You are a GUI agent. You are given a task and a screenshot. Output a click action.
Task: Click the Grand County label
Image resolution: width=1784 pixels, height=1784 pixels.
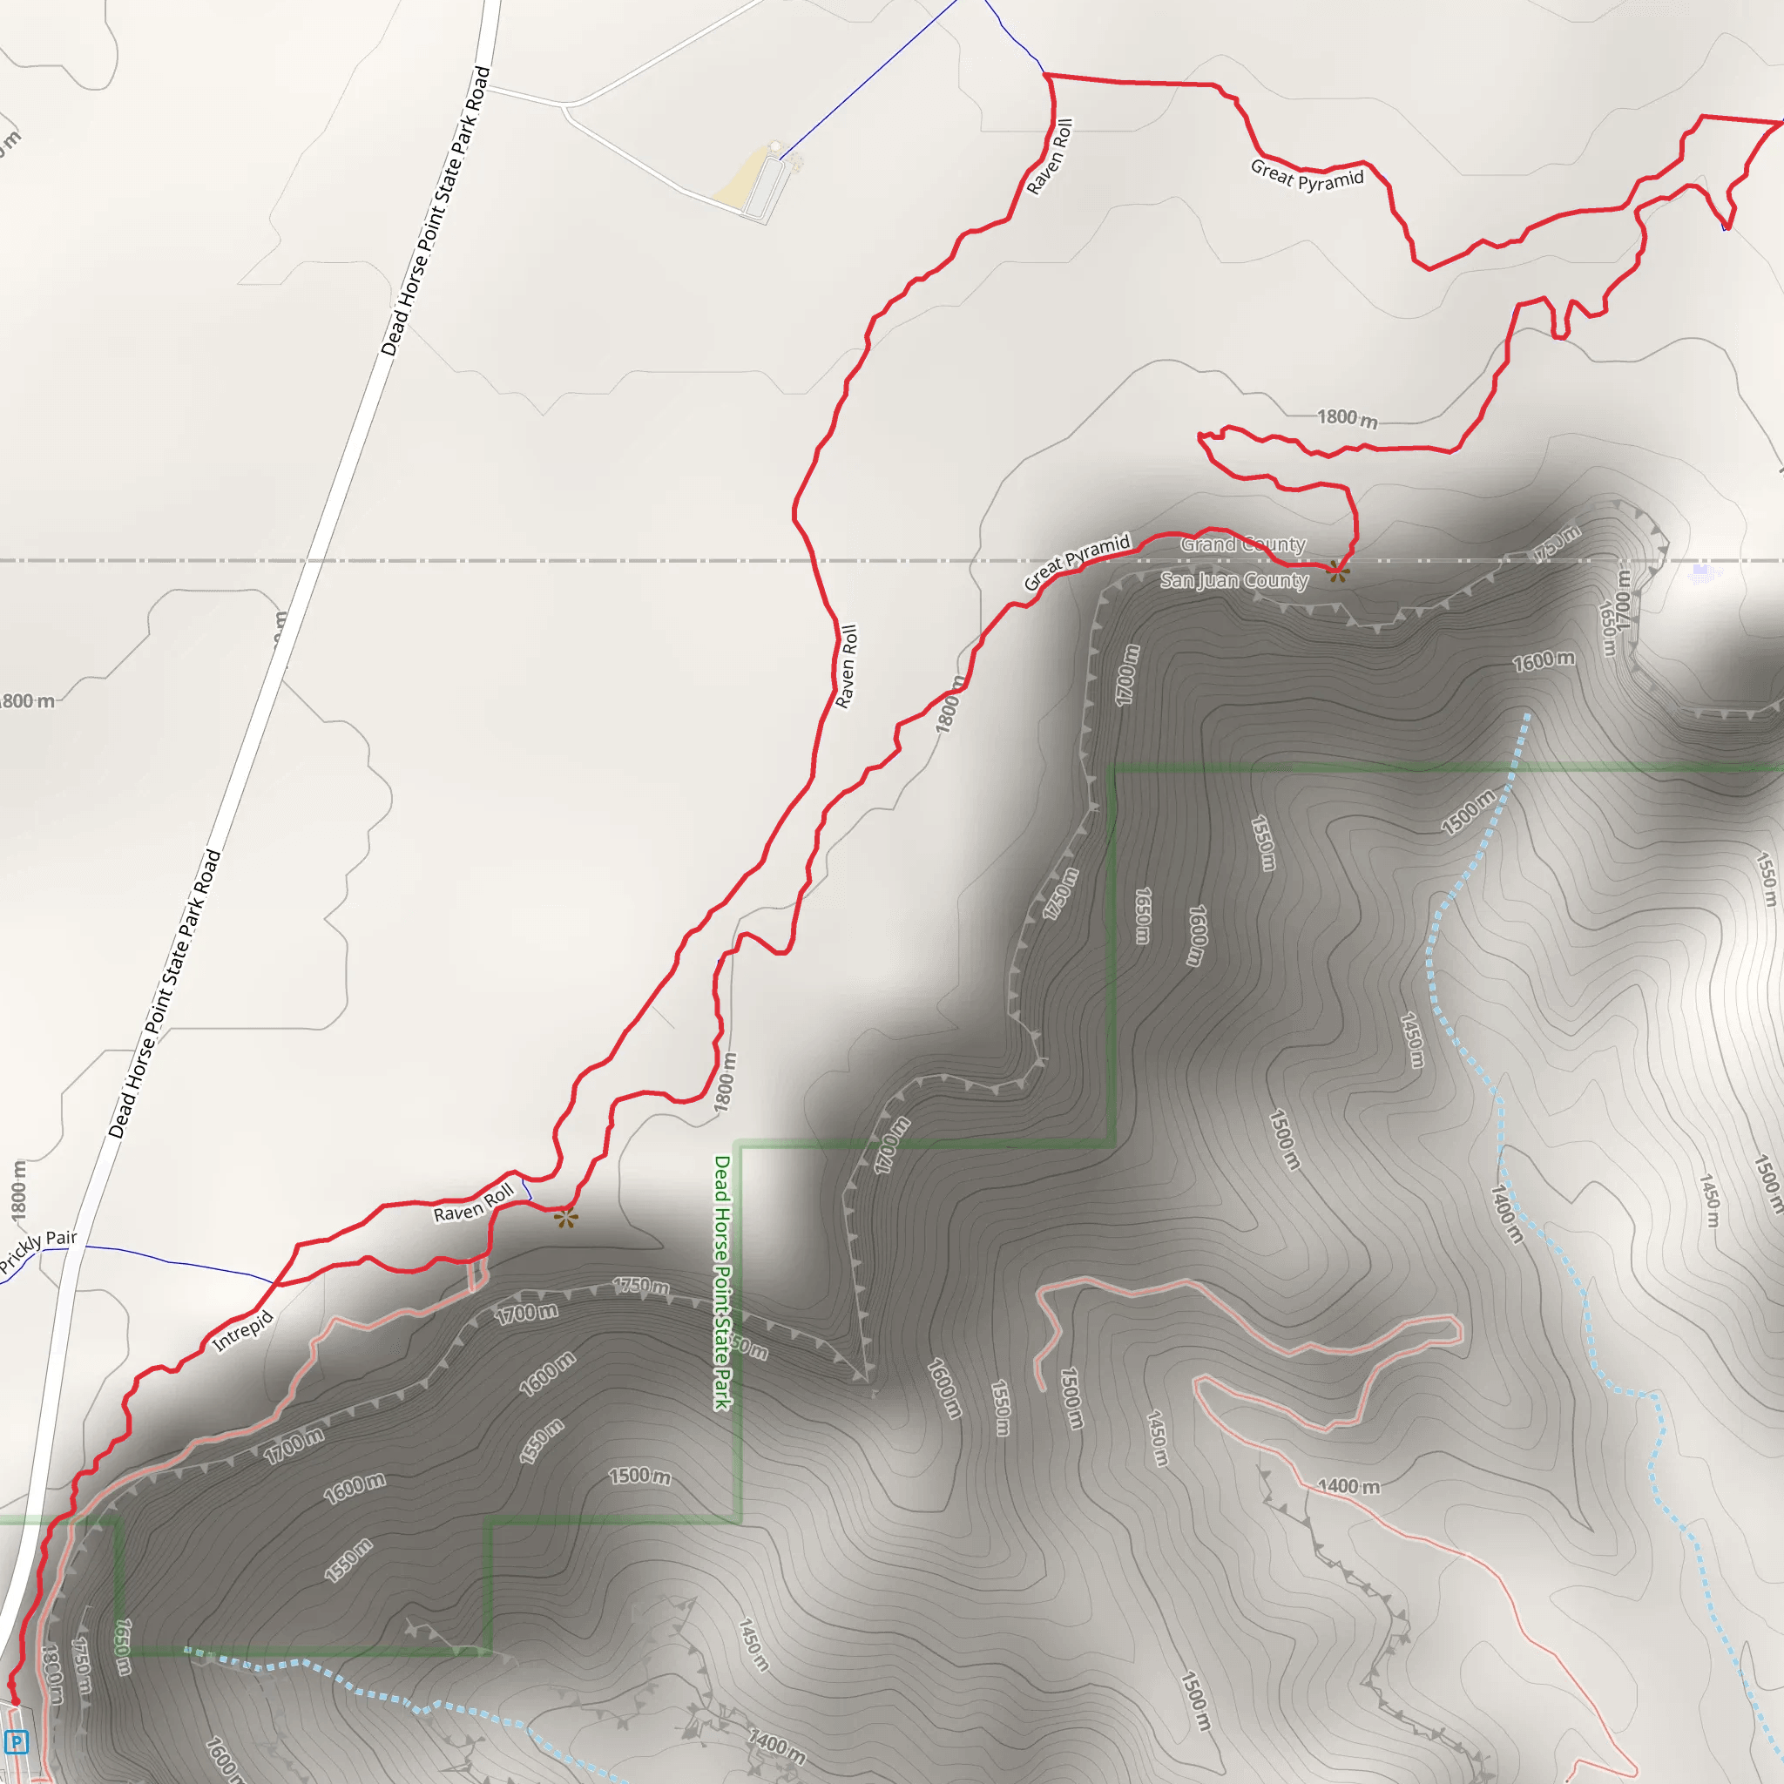tap(1242, 544)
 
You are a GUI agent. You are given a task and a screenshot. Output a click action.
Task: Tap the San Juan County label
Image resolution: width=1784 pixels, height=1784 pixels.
tap(1233, 580)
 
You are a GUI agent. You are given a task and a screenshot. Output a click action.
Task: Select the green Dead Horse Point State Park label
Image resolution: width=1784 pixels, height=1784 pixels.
tap(722, 1282)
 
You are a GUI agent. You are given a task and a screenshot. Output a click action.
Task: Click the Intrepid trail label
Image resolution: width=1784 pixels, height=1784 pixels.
tap(243, 1331)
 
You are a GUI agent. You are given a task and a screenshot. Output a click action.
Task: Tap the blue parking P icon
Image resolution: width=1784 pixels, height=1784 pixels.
tap(17, 1742)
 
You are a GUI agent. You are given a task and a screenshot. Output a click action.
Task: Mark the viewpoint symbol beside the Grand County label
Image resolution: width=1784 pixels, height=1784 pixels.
tap(1338, 571)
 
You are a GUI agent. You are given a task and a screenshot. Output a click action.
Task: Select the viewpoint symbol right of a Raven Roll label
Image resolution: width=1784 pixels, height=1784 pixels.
tap(566, 1219)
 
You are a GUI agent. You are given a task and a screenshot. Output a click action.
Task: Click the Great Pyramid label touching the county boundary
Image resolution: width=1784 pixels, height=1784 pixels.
tap(1077, 562)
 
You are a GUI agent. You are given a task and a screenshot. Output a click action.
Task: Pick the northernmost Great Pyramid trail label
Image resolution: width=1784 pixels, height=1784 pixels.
tap(1307, 174)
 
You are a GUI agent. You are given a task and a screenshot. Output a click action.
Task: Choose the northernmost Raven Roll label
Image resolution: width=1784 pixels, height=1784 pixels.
tap(1051, 156)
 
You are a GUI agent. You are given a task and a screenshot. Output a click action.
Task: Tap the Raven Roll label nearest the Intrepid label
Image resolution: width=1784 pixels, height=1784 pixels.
tap(474, 1202)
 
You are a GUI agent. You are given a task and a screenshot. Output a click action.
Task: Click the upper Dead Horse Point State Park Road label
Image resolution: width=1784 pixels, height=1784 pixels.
tap(436, 211)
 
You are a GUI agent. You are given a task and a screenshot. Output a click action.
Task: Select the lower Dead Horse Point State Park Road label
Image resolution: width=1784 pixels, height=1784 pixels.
tap(166, 993)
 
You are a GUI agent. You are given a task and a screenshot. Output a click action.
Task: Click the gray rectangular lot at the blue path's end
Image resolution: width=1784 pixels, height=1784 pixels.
tap(766, 188)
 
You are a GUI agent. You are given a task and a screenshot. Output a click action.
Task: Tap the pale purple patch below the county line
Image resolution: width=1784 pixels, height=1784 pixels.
tap(1702, 572)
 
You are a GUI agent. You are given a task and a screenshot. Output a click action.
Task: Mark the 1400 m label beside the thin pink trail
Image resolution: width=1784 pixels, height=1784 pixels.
tap(1348, 1486)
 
